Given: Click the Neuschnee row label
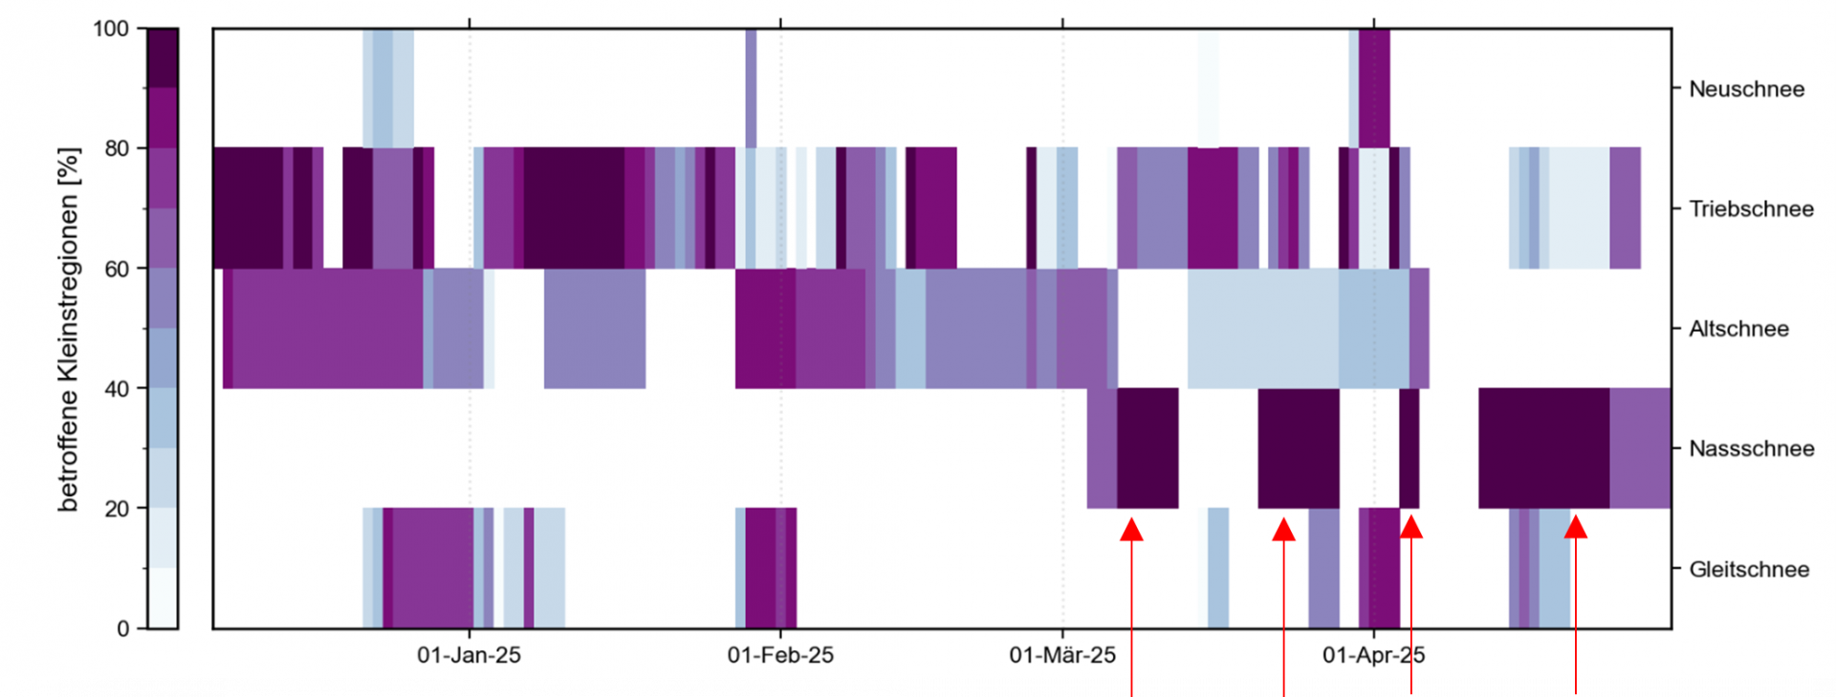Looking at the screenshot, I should point(1746,89).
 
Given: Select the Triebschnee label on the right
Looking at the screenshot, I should point(1751,208).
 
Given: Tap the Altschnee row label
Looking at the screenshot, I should point(1738,329).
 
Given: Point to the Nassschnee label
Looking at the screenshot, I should point(1751,448).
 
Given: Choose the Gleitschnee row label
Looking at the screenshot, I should point(1749,569).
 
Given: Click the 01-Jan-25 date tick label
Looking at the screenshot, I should point(469,655).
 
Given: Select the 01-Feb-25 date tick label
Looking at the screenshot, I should point(780,655).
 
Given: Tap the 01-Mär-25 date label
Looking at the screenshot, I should point(1062,655).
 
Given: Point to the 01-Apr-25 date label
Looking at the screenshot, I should point(1373,655).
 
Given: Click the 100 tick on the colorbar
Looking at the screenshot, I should point(110,29).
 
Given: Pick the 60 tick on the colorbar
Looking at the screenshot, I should point(117,269).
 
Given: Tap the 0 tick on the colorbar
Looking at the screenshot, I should point(122,628).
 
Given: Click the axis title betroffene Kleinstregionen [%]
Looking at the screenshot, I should point(68,329).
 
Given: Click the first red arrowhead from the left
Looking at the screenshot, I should point(1131,530).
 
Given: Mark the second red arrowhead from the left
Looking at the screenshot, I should point(1283,530).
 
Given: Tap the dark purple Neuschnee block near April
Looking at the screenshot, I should point(1374,88).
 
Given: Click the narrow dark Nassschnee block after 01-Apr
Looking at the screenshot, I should point(1409,447).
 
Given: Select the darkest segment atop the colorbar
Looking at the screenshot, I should point(163,57).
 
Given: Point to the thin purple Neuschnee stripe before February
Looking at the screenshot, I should point(751,88).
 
